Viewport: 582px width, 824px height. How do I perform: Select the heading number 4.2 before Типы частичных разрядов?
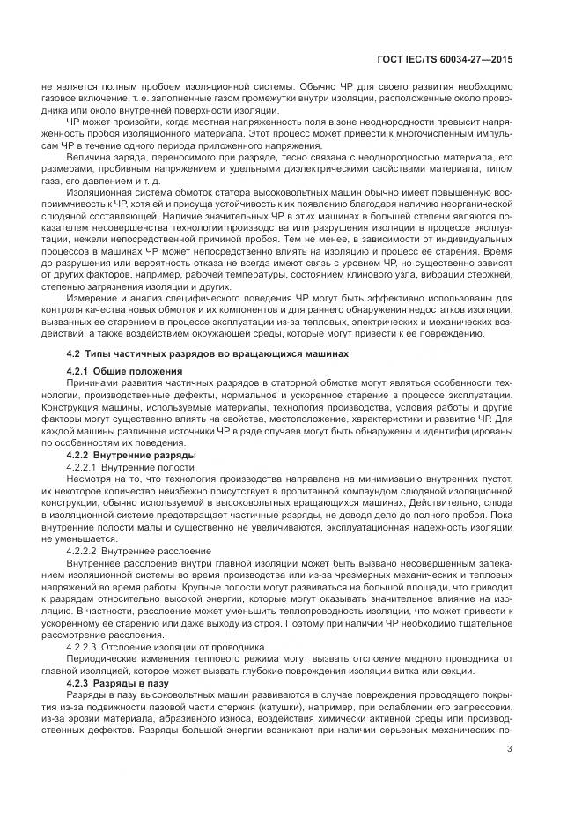coord(73,353)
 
